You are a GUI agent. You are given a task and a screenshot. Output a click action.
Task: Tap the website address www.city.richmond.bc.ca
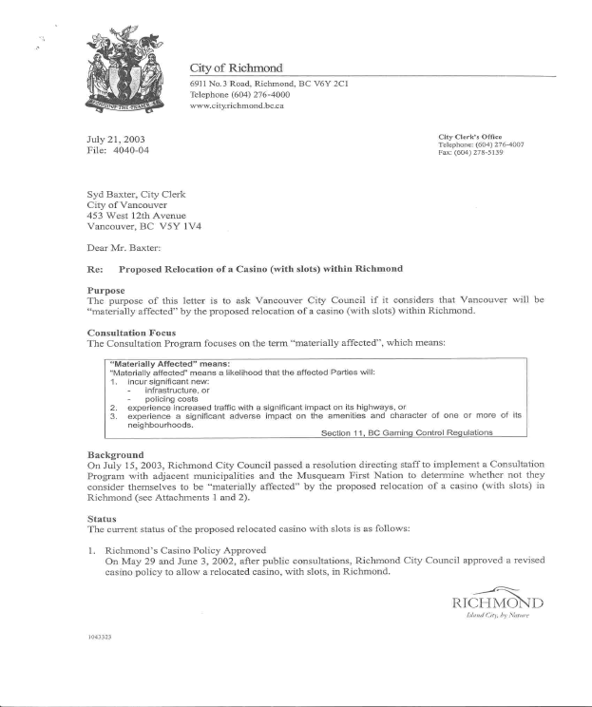coord(238,105)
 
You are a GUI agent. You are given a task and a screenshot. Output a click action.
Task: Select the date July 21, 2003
coord(116,139)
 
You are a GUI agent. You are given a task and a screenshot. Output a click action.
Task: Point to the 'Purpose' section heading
coord(105,289)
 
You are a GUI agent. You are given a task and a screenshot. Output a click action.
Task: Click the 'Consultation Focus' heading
coord(130,333)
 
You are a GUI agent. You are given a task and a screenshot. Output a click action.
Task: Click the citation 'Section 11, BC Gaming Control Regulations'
coord(407,433)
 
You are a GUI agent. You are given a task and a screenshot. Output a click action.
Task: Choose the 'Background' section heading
coord(115,454)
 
